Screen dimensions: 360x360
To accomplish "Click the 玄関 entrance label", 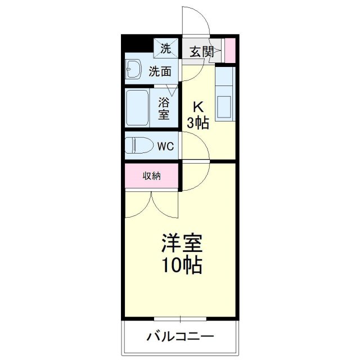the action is pyautogui.click(x=201, y=52).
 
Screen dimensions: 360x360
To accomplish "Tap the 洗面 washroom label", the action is pyautogui.click(x=160, y=71).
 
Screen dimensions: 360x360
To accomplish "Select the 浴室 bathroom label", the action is pyautogui.click(x=164, y=109).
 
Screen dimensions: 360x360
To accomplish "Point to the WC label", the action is pyautogui.click(x=165, y=146).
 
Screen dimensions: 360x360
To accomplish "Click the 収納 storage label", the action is pyautogui.click(x=152, y=176).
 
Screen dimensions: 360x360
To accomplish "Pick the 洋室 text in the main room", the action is pyautogui.click(x=182, y=243).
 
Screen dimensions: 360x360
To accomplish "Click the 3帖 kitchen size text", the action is pyautogui.click(x=198, y=123).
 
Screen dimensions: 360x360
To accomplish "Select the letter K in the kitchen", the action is pyautogui.click(x=198, y=107).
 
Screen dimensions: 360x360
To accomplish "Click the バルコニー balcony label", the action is pyautogui.click(x=180, y=337).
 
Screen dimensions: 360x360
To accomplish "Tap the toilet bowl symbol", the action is pyautogui.click(x=139, y=145).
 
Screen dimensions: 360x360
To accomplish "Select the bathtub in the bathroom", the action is pyautogui.click(x=137, y=108).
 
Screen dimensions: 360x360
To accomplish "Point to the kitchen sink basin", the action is pyautogui.click(x=224, y=106).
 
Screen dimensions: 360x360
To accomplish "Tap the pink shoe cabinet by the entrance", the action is pyautogui.click(x=230, y=51).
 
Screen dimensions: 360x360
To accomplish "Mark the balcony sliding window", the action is pyautogui.click(x=180, y=319).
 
